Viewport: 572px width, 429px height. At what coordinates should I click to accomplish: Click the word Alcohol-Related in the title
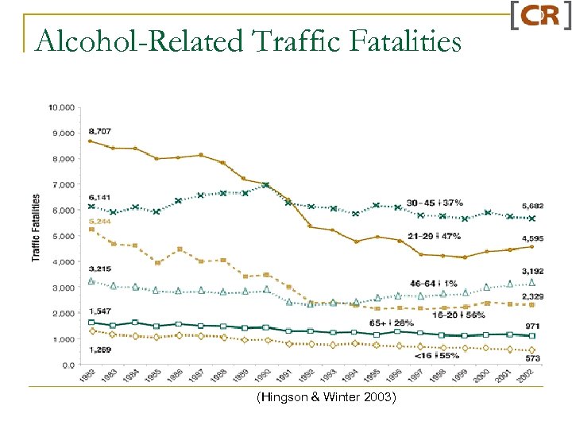click(132, 39)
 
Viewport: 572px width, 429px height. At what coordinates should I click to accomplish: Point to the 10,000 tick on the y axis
click(62, 107)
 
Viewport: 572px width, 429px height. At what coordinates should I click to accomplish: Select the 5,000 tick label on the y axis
click(64, 236)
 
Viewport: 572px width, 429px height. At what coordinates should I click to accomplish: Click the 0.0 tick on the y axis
click(68, 365)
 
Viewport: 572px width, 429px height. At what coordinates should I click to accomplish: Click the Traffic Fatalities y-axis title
click(37, 227)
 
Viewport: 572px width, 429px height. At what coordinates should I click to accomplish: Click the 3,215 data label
click(100, 270)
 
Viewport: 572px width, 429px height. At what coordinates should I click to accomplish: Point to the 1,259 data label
click(100, 350)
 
